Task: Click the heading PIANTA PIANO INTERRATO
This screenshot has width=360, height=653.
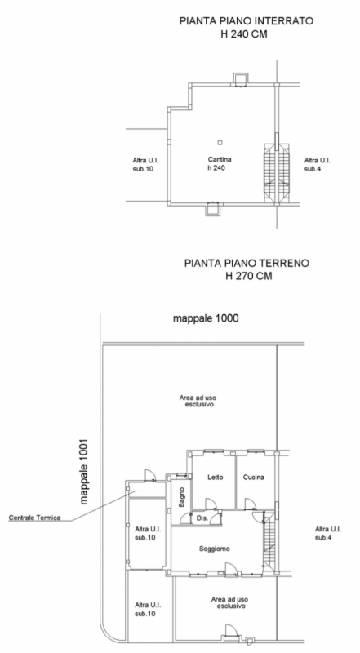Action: pos(247,21)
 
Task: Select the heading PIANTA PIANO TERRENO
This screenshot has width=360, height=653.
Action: pos(247,263)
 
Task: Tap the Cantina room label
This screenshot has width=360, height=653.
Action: pos(220,159)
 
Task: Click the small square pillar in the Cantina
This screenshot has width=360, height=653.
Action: pos(220,142)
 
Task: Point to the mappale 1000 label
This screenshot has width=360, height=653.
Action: pos(206,318)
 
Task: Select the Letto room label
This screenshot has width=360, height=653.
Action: pos(216,478)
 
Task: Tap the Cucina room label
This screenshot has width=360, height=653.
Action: pos(253,478)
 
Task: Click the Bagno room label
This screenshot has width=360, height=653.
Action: pos(182,497)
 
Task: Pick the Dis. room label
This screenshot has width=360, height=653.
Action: pos(202,518)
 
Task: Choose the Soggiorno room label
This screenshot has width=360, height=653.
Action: pos(215,549)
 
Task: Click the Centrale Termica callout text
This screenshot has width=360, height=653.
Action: pos(34,518)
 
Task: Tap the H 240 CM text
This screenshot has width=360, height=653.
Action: pos(244,34)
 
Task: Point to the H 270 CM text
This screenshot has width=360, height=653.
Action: pos(249,276)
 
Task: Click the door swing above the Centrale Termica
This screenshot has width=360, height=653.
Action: pos(150,476)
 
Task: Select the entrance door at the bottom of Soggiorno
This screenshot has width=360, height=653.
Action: pos(231,569)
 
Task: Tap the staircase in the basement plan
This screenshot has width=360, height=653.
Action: pos(277,173)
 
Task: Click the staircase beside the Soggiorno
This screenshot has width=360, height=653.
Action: pos(269,541)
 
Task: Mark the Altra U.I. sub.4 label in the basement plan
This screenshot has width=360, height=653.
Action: pos(317,165)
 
